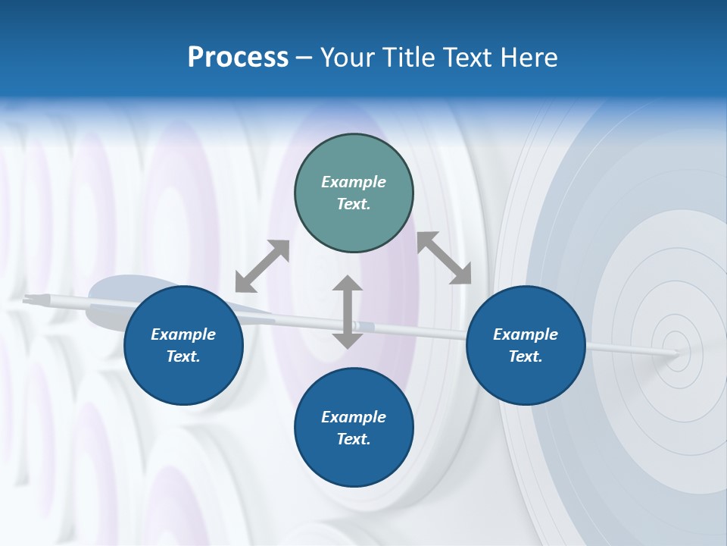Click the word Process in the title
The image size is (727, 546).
point(238,58)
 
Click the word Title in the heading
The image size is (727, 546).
point(407,58)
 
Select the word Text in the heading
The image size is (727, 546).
point(466,58)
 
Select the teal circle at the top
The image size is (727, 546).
point(354,159)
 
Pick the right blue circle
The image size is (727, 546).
point(526,379)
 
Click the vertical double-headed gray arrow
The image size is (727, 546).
point(348,312)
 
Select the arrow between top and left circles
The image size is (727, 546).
point(262,266)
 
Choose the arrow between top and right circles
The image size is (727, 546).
point(445,258)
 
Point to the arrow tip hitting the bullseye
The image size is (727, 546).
point(676,352)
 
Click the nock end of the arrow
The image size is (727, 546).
point(29,300)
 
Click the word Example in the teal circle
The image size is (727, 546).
point(354,182)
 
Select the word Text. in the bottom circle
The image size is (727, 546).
point(354,439)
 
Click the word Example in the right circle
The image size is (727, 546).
point(526,334)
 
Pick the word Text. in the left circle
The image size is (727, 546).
point(183,356)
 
